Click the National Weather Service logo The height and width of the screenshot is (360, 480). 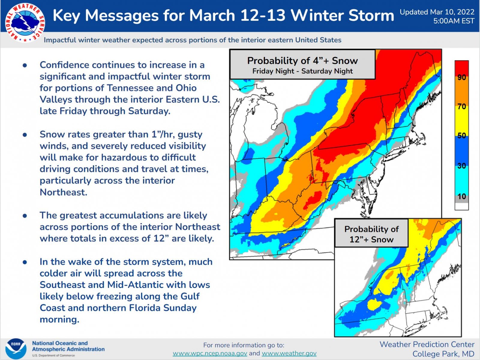(x=25, y=23)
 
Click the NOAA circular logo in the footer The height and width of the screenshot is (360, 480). (x=16, y=349)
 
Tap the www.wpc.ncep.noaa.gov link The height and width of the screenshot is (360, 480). (x=210, y=353)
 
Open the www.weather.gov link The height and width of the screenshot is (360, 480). (x=289, y=353)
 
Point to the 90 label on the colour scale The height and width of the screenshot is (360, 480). (x=462, y=77)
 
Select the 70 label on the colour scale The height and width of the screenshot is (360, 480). (x=462, y=107)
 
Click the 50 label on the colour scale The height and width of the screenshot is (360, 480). (x=462, y=136)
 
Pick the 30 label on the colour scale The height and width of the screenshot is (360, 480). (x=462, y=166)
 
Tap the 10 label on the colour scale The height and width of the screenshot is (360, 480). (x=462, y=196)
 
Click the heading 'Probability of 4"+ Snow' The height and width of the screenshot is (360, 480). (x=302, y=61)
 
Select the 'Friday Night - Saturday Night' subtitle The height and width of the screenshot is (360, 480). (x=302, y=71)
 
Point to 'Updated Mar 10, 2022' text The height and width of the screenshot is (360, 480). (x=437, y=12)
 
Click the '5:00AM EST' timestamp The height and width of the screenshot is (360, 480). (x=454, y=21)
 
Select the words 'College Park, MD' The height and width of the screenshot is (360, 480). (x=443, y=354)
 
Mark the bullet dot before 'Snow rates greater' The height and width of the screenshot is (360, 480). (x=25, y=135)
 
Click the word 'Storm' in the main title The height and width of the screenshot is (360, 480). (x=371, y=16)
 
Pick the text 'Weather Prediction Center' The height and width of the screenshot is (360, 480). (x=427, y=344)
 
